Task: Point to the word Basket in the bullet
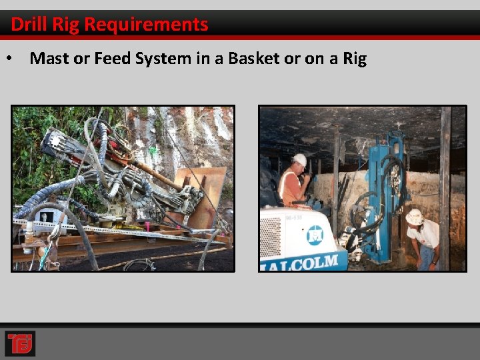254,59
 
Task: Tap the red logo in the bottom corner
19,343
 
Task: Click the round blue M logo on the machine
315,235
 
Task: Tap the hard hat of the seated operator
300,160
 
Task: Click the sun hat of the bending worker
415,217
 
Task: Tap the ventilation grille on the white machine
271,237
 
